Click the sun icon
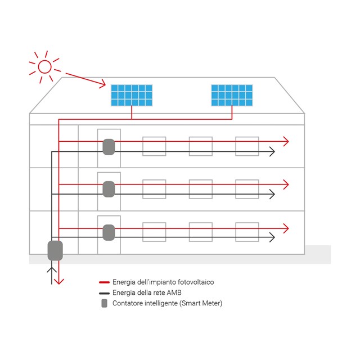click(44, 67)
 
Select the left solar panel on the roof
click(131, 95)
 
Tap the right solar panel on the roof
click(232, 95)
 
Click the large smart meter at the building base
click(55, 250)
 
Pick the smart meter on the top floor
click(109, 147)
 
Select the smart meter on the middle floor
click(109, 189)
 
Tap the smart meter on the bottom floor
click(109, 232)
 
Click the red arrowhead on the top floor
click(286, 141)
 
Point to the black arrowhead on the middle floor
click(272, 194)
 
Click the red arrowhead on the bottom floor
click(286, 228)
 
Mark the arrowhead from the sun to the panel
click(102, 84)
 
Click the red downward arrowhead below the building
click(59, 280)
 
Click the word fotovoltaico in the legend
click(194, 282)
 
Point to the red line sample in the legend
click(103, 282)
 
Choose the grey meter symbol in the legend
click(103, 304)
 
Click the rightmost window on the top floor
click(247, 146)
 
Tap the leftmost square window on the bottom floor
click(154, 232)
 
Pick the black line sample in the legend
click(103, 293)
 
